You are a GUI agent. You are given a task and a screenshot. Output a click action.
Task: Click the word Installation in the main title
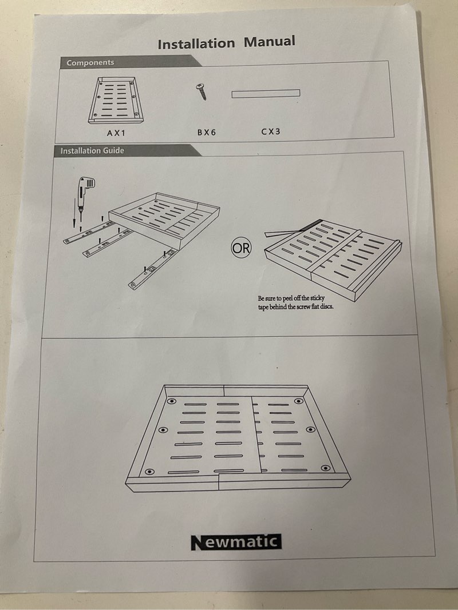coord(196,43)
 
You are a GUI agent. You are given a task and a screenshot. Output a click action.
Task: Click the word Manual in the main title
coord(270,41)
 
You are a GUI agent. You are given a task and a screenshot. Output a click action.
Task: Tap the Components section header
coord(90,62)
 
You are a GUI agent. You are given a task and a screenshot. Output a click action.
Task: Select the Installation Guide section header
coord(92,150)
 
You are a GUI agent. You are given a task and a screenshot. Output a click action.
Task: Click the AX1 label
coord(116,133)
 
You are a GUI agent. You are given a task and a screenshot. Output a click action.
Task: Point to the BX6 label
coord(207,132)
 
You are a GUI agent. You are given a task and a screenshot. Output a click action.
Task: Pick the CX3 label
coord(271,131)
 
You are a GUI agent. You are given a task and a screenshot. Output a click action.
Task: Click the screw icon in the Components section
coord(202,91)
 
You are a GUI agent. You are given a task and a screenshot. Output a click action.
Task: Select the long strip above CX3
coord(266,94)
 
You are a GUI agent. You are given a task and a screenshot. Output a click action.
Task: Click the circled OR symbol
coord(242,248)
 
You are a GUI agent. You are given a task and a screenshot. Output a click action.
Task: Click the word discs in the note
coord(326,306)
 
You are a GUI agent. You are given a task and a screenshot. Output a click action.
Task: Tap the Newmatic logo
coord(236,543)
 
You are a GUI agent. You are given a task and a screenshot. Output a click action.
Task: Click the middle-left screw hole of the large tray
coord(163,430)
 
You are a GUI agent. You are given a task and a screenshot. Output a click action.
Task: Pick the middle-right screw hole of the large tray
coord(310,429)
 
